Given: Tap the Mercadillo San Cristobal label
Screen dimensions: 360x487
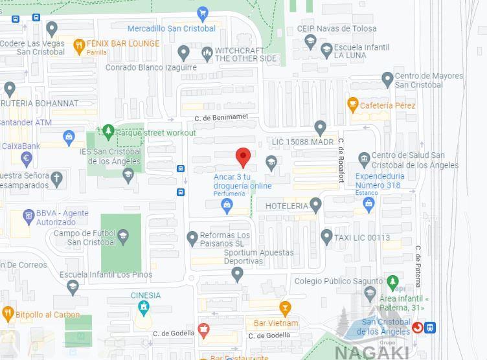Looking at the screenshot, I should [x=171, y=28].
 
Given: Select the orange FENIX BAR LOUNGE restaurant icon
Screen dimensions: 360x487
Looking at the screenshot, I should [x=79, y=45].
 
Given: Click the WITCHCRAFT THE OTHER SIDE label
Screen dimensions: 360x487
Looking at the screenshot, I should [x=245, y=54].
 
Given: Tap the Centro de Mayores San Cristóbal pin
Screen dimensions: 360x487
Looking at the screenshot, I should [x=387, y=80].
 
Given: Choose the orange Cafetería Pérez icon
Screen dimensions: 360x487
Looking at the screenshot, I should [x=353, y=104].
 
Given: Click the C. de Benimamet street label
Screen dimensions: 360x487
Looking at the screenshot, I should [x=221, y=117].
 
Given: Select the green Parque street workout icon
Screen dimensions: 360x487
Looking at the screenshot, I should [x=108, y=131].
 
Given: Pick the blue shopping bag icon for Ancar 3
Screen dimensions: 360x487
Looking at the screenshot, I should [x=227, y=207].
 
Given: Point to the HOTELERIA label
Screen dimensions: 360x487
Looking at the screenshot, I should [x=287, y=206].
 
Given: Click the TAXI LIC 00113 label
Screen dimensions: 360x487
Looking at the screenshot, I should [x=362, y=238].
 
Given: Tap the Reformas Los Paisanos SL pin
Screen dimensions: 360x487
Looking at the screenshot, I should [x=192, y=239].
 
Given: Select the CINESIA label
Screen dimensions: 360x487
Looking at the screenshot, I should [x=145, y=295].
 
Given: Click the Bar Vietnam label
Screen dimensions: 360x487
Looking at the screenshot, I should [x=276, y=323].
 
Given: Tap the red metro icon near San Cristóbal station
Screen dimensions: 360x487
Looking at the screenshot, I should [x=418, y=328].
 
